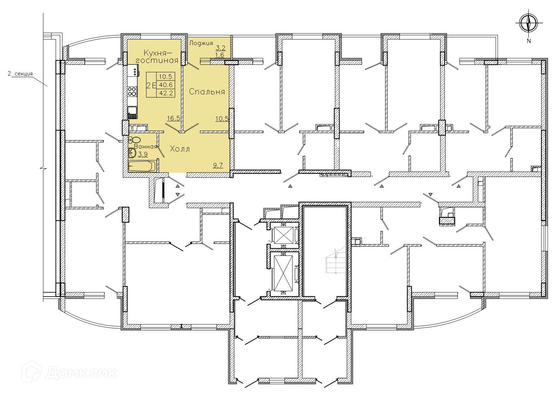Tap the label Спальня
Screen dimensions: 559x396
coord(207,92)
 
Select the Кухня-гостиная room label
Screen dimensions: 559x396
coord(161,56)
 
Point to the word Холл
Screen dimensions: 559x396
coord(180,149)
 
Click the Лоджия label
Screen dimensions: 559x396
coord(201,43)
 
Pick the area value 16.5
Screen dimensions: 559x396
coord(174,118)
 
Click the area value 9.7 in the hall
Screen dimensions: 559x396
coord(218,165)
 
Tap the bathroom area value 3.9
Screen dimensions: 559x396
coord(143,154)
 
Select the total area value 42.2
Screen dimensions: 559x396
coord(166,93)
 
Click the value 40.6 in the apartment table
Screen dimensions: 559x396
coord(166,85)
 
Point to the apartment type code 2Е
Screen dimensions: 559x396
coord(151,85)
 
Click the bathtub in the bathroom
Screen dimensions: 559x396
coord(142,166)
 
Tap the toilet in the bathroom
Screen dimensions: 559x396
coord(135,140)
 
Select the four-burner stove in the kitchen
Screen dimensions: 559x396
coord(132,91)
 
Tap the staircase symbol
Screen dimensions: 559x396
coord(336,261)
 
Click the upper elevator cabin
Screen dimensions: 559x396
coord(283,235)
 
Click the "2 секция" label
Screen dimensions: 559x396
coord(20,74)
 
